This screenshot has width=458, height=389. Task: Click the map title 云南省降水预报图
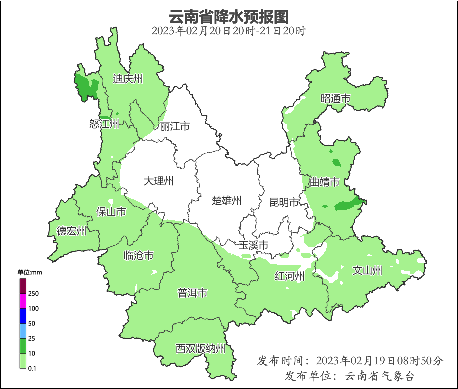pos(229,16)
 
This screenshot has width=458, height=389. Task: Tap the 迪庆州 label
pos(128,79)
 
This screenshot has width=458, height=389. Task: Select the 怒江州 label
pos(104,124)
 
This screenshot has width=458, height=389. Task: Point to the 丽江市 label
pos(175,126)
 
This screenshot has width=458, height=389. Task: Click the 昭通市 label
pos(335,99)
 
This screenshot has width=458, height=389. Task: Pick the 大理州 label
pos(159,181)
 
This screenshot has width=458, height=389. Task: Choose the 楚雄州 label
pos(226,201)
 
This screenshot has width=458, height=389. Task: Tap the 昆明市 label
pos(284,202)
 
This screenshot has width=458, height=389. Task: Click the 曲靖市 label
pos(324,182)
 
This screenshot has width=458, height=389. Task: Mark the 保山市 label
pos(111,212)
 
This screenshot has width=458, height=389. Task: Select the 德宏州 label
pos(71,231)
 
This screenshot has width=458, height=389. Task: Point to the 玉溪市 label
pos(253,245)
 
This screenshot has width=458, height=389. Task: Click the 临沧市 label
pos(138,256)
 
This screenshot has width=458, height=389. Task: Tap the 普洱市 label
pos(192,293)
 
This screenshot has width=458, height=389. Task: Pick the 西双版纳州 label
pos(200,349)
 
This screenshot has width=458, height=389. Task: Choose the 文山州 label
pos(367,271)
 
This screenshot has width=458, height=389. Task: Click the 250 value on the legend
pos(34,293)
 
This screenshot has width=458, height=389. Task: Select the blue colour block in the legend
pos(22,316)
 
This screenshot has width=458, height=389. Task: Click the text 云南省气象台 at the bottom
pos(380,376)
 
